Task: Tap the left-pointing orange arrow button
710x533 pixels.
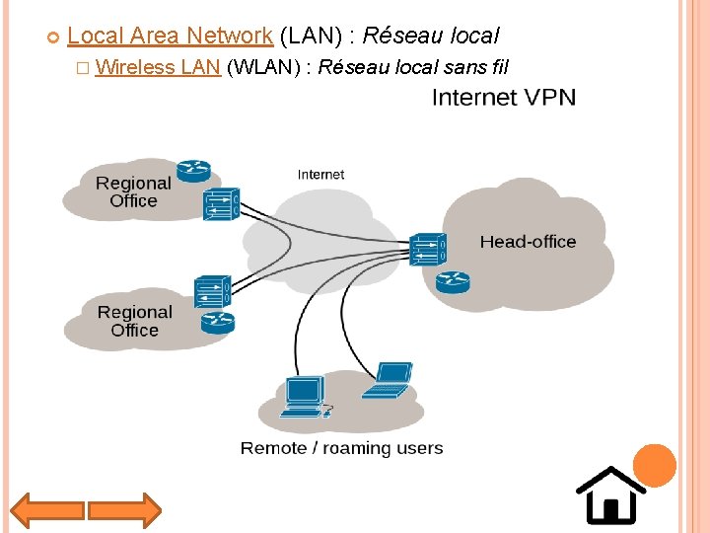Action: click(x=45, y=510)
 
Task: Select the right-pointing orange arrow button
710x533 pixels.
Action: click(x=124, y=510)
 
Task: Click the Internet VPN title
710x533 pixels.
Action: click(x=504, y=98)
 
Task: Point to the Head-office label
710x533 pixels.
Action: click(x=528, y=242)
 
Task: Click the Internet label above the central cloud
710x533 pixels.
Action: click(x=320, y=175)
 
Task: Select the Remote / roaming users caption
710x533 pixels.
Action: click(x=341, y=448)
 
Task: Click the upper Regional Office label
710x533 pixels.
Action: click(x=133, y=191)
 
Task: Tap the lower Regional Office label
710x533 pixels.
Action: click(x=135, y=321)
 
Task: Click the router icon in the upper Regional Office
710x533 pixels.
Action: click(x=194, y=170)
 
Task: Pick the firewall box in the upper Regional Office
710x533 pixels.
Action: click(x=221, y=203)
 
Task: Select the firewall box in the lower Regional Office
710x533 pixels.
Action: click(x=212, y=292)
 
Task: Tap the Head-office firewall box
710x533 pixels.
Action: click(x=428, y=249)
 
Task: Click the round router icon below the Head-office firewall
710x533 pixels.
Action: click(x=453, y=282)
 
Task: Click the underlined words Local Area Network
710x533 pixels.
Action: click(x=170, y=37)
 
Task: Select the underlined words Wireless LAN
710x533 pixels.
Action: click(x=159, y=68)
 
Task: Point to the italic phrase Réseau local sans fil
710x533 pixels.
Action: click(x=413, y=68)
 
